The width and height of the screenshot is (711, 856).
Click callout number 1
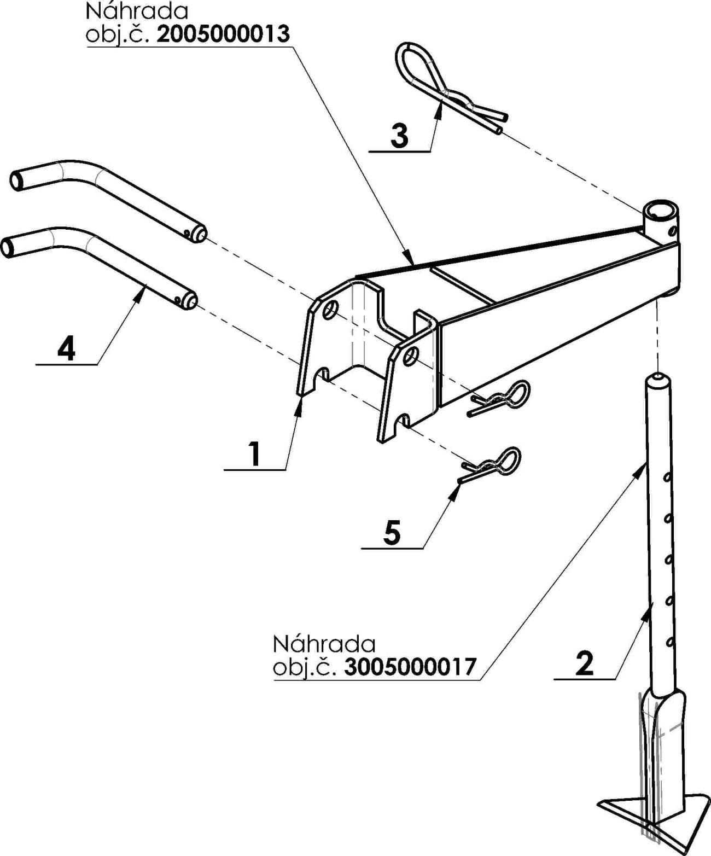pyautogui.click(x=254, y=453)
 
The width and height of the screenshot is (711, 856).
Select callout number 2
pyautogui.click(x=585, y=664)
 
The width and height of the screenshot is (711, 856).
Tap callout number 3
pyautogui.click(x=400, y=135)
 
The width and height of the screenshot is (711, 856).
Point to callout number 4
pyautogui.click(x=66, y=349)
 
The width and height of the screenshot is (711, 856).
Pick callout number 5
pyautogui.click(x=392, y=532)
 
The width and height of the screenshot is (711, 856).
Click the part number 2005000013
pyautogui.click(x=223, y=34)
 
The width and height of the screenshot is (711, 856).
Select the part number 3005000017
pyautogui.click(x=410, y=667)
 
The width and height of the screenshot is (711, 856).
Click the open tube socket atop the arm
pyautogui.click(x=660, y=211)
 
